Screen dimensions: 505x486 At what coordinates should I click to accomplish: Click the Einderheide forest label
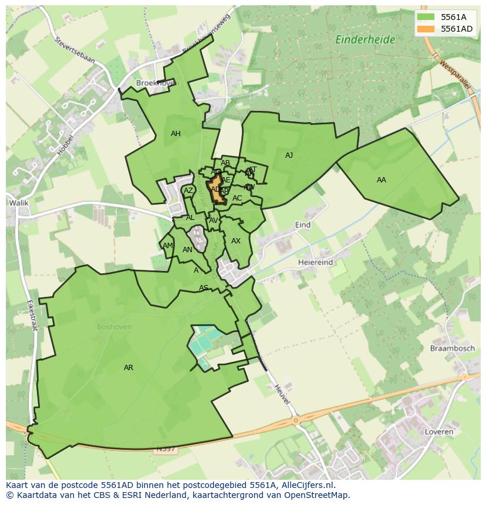click(365, 40)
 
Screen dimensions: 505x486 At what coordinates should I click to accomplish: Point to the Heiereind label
click(315, 262)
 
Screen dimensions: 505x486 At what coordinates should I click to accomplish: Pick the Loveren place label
click(438, 432)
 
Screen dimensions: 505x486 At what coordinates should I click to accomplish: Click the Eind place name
click(303, 225)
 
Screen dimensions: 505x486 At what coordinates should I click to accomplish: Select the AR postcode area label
click(129, 368)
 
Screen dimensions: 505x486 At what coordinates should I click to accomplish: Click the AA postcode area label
click(382, 180)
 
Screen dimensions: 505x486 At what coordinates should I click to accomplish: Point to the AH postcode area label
click(176, 134)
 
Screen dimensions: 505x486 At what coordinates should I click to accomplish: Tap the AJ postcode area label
click(289, 155)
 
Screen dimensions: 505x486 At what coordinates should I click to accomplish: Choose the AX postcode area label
click(236, 241)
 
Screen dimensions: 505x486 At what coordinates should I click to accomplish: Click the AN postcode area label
click(187, 250)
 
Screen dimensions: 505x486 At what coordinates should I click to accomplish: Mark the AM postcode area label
click(168, 246)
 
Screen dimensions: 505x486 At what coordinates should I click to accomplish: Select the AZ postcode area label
click(188, 191)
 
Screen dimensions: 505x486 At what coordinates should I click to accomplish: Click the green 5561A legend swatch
click(426, 17)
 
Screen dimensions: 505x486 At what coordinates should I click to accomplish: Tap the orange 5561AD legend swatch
click(426, 29)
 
